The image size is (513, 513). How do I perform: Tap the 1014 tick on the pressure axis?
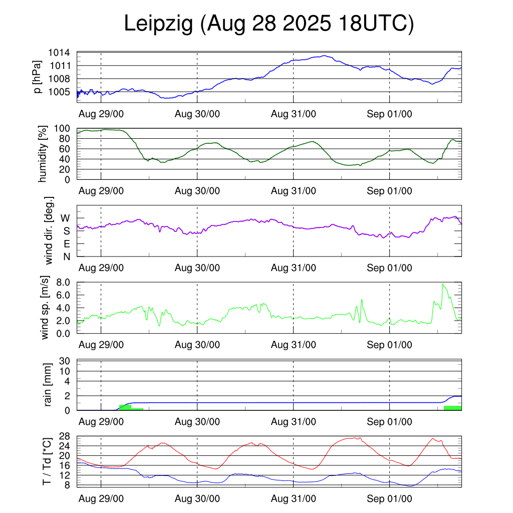coord(59,53)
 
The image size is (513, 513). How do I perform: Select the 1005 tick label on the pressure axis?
coord(59,92)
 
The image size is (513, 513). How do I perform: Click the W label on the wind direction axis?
coord(65,218)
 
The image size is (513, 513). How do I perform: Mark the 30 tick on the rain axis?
coord(65,361)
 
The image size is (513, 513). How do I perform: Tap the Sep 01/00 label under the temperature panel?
coord(389,498)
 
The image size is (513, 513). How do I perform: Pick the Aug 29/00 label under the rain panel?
coord(101,422)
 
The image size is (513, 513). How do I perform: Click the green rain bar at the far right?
coord(452,408)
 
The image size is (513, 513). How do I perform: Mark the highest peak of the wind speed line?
coord(443,284)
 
